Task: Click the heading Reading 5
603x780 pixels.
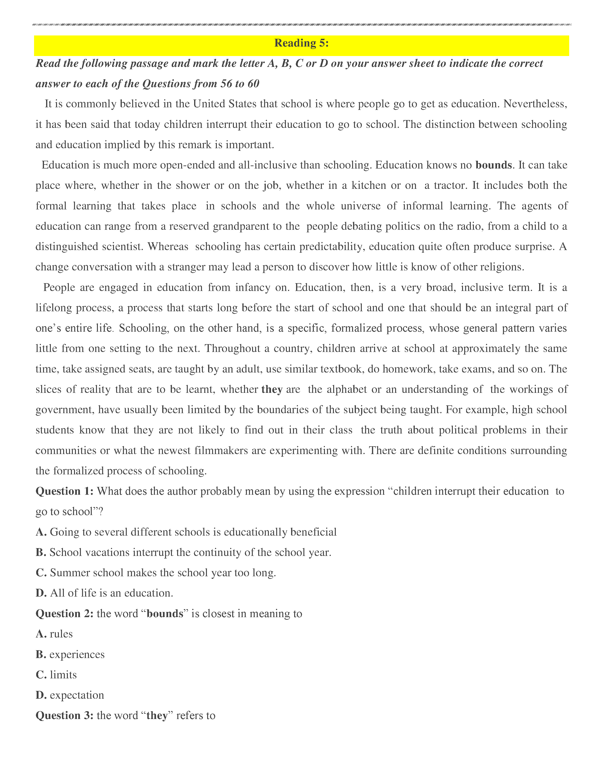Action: coord(301,43)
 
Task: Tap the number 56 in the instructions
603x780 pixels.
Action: coord(226,84)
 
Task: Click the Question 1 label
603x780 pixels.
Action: coord(64,491)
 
